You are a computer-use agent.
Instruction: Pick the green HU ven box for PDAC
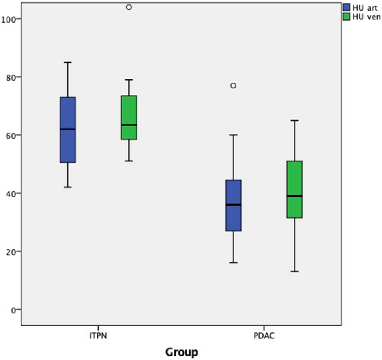click(x=294, y=189)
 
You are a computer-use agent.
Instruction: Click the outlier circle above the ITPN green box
click(x=129, y=7)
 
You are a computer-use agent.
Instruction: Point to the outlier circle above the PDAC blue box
click(x=233, y=86)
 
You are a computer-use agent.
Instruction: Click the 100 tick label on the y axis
click(x=9, y=19)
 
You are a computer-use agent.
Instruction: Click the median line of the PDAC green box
click(x=294, y=196)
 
